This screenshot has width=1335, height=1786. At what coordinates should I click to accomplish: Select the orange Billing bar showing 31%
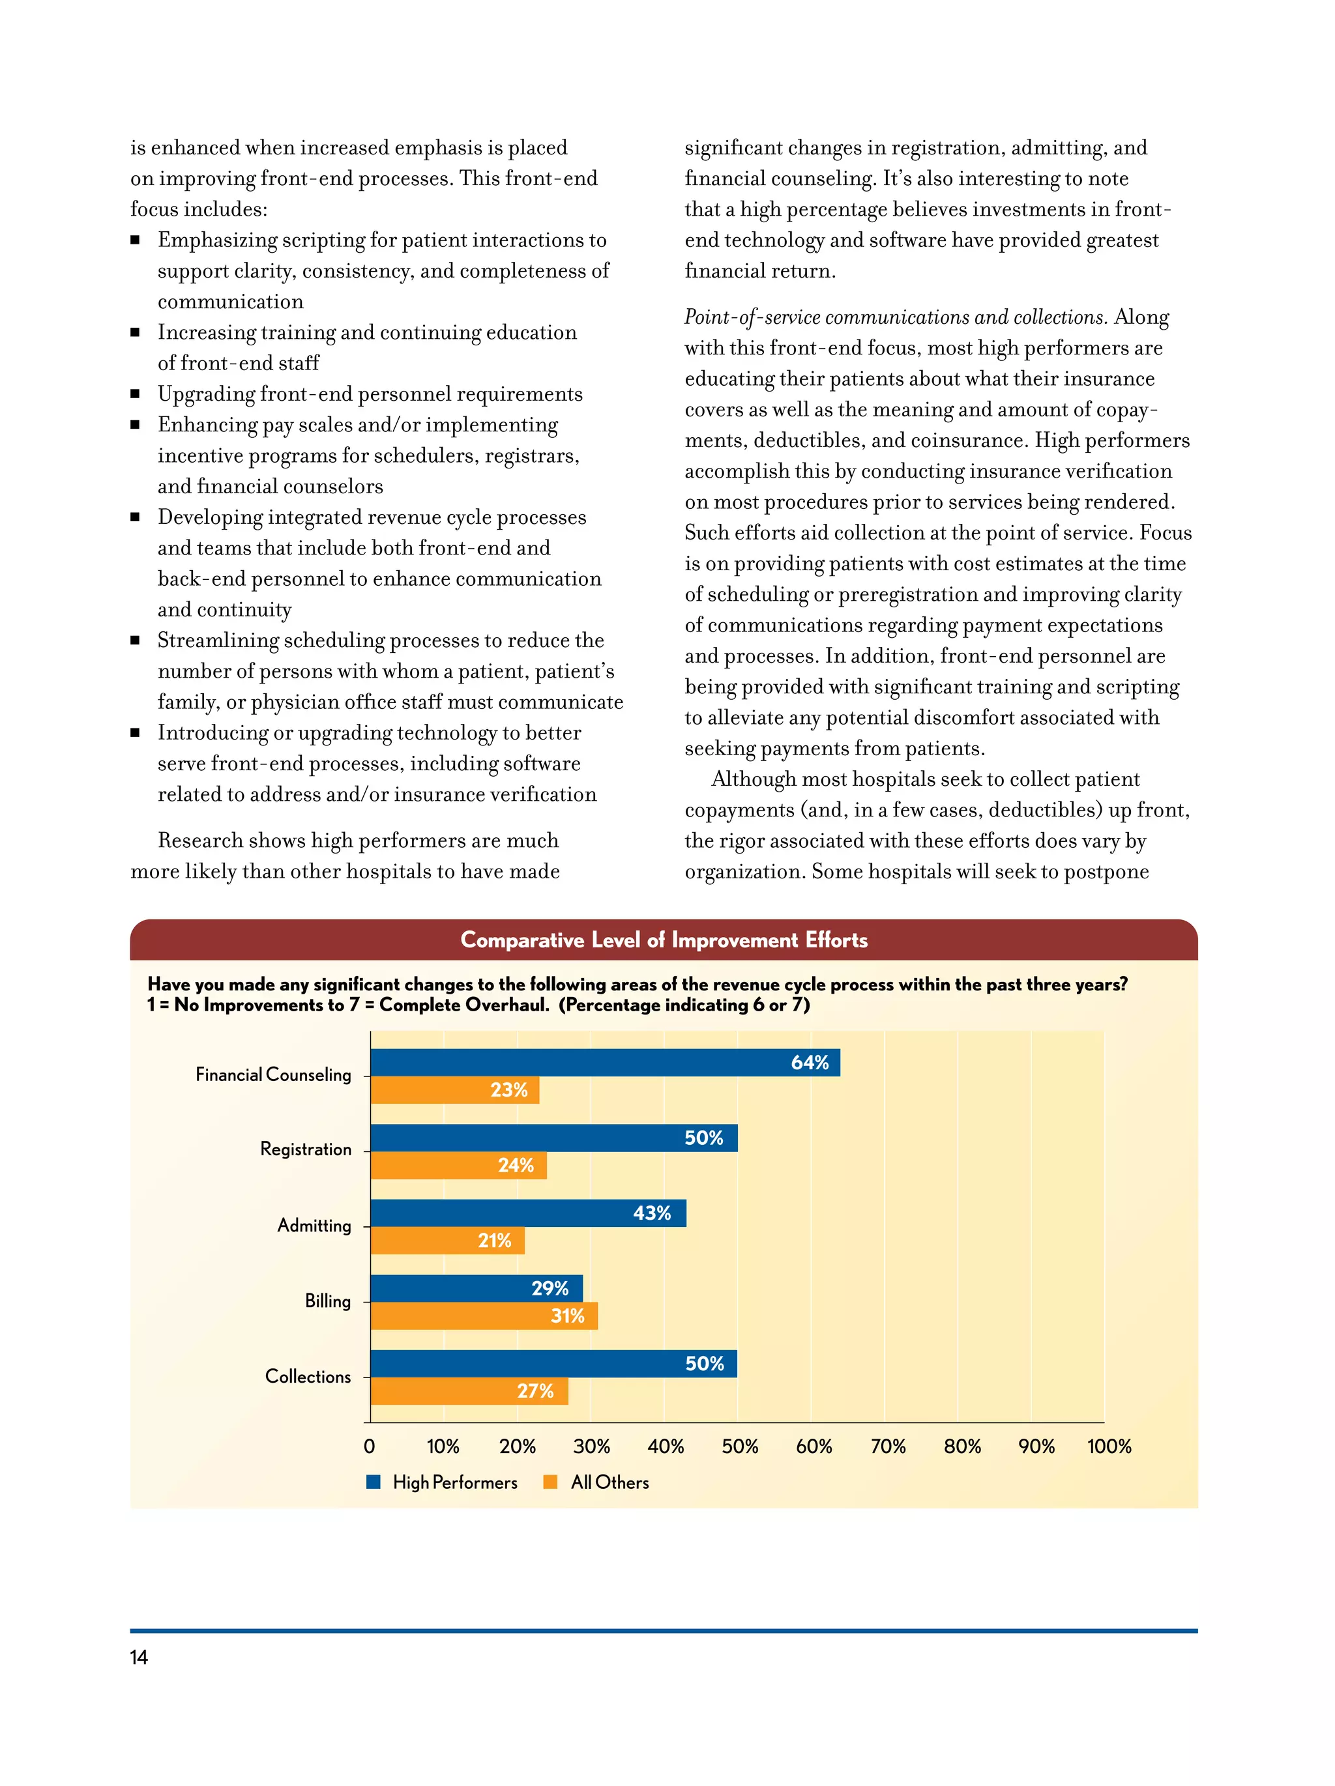pyautogui.click(x=483, y=1316)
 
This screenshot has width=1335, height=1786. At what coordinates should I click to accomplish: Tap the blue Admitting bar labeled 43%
pyautogui.click(x=527, y=1213)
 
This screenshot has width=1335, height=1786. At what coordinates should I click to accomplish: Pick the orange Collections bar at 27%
pyautogui.click(x=469, y=1391)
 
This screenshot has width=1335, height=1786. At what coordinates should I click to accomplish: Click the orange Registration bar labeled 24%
pyautogui.click(x=458, y=1165)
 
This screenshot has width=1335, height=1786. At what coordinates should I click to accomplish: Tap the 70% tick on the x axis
pyautogui.click(x=888, y=1446)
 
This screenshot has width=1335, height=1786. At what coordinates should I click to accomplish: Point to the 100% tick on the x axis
pyautogui.click(x=1109, y=1446)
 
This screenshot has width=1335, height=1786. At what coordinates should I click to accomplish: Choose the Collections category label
pyautogui.click(x=308, y=1377)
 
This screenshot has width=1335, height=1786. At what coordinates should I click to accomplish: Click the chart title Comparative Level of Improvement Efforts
pyautogui.click(x=663, y=940)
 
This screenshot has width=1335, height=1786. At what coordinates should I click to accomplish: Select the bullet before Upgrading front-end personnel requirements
pyautogui.click(x=135, y=394)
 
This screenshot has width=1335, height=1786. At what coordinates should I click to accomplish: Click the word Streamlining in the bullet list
pyautogui.click(x=216, y=641)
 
